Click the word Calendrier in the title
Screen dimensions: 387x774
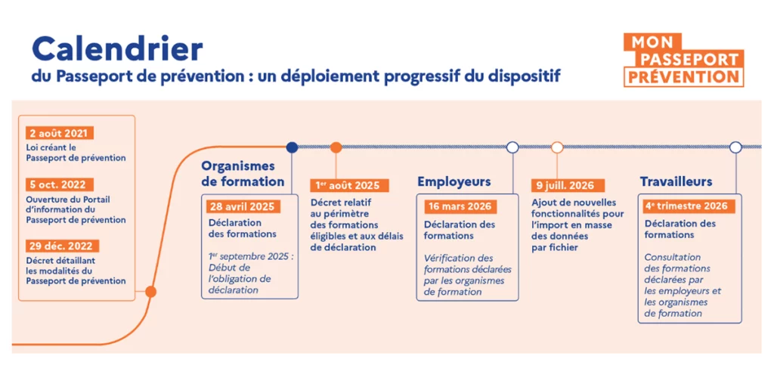tap(117, 49)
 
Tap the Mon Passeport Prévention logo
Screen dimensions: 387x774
tap(683, 60)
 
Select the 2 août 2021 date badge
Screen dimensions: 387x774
tap(59, 133)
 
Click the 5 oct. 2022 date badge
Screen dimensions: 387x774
tap(60, 184)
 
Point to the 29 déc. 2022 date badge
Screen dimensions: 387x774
tap(62, 246)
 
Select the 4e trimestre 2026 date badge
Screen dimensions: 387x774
tap(686, 206)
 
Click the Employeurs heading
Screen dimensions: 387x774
tap(454, 181)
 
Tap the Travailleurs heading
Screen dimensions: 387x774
tap(676, 181)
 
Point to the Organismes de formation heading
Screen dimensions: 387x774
tap(242, 174)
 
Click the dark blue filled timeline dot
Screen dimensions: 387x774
tap(292, 147)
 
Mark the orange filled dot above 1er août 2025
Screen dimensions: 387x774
tap(336, 147)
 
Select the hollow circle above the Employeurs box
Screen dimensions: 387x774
tap(512, 147)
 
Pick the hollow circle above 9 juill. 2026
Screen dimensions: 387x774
tap(557, 147)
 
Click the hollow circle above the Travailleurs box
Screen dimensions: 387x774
tap(735, 147)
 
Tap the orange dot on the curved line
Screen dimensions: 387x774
tap(150, 291)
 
